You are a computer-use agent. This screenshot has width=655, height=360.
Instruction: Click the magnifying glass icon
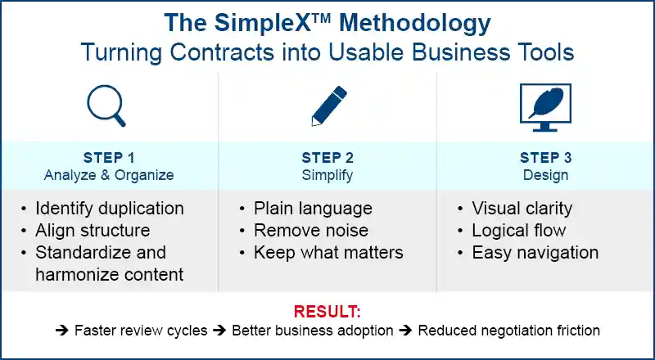(106, 105)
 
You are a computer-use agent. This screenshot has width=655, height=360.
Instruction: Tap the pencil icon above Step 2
(327, 105)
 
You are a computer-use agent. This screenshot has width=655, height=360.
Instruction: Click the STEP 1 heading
(110, 158)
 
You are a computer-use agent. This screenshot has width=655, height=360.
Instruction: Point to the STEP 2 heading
(328, 158)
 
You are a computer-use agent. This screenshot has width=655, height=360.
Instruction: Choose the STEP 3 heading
(546, 158)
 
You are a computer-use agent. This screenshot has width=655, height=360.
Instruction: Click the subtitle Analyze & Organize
(110, 174)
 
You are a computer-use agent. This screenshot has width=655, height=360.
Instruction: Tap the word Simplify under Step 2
(328, 174)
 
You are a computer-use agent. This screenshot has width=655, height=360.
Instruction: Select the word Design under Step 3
(546, 174)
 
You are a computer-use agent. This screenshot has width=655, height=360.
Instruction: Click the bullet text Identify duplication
(110, 209)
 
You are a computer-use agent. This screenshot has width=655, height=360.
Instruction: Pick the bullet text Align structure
(93, 231)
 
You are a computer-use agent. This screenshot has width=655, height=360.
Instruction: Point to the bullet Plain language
(313, 209)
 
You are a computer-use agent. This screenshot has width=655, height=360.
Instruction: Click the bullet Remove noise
(311, 231)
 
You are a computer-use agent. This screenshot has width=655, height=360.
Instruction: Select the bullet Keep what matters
(328, 253)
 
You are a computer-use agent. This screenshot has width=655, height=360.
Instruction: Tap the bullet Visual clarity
(522, 209)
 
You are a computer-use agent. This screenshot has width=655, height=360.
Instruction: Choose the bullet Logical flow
(519, 231)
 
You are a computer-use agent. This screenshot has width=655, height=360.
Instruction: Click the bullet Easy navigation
(535, 253)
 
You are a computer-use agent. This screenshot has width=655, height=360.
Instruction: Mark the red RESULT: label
(327, 312)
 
